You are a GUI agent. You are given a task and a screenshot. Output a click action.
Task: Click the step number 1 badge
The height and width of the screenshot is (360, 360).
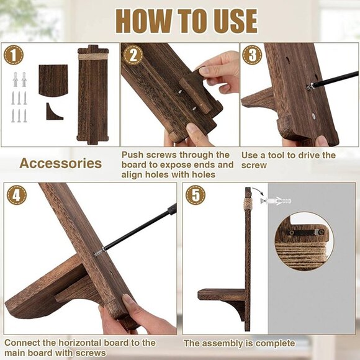[14, 55]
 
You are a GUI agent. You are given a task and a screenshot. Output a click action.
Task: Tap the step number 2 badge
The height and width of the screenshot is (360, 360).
[132, 55]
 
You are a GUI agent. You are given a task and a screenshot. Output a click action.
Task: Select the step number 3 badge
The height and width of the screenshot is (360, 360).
[252, 55]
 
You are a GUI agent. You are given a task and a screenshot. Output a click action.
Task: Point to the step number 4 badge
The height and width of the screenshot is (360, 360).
[17, 195]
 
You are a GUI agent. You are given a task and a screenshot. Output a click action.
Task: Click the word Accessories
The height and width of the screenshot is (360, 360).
[60, 163]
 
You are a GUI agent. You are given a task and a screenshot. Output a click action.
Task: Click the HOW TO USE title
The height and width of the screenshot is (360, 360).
[186, 21]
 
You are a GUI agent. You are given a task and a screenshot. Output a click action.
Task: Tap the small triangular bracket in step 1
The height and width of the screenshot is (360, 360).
[53, 112]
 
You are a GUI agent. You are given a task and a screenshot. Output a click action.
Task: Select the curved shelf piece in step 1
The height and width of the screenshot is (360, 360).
[53, 80]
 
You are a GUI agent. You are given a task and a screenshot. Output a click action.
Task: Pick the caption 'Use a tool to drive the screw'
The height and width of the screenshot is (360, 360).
[288, 160]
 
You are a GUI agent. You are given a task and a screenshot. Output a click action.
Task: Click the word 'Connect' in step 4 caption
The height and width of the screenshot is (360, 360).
[22, 343]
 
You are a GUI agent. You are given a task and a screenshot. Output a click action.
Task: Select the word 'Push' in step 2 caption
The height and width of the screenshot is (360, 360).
[132, 155]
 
